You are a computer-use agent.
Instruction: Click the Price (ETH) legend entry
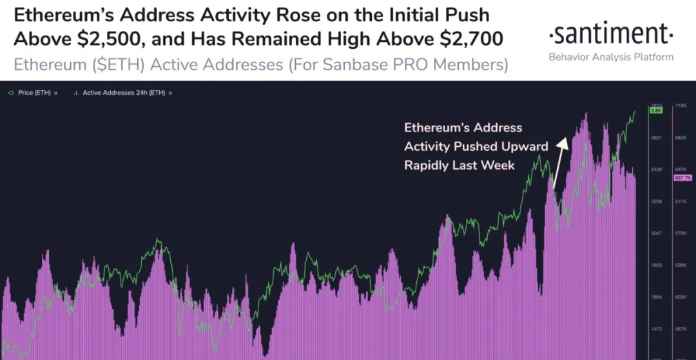(32, 93)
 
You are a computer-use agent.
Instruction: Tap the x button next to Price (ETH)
(55, 93)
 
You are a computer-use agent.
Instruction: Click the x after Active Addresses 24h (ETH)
(171, 93)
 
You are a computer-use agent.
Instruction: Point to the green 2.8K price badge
(656, 111)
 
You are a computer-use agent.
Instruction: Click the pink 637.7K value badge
(682, 178)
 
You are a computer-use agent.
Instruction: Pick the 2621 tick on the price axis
(656, 138)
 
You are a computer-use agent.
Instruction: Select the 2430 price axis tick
(656, 169)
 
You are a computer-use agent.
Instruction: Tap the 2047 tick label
(656, 233)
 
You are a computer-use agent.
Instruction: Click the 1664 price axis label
(656, 297)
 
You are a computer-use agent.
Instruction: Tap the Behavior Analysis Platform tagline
(611, 57)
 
